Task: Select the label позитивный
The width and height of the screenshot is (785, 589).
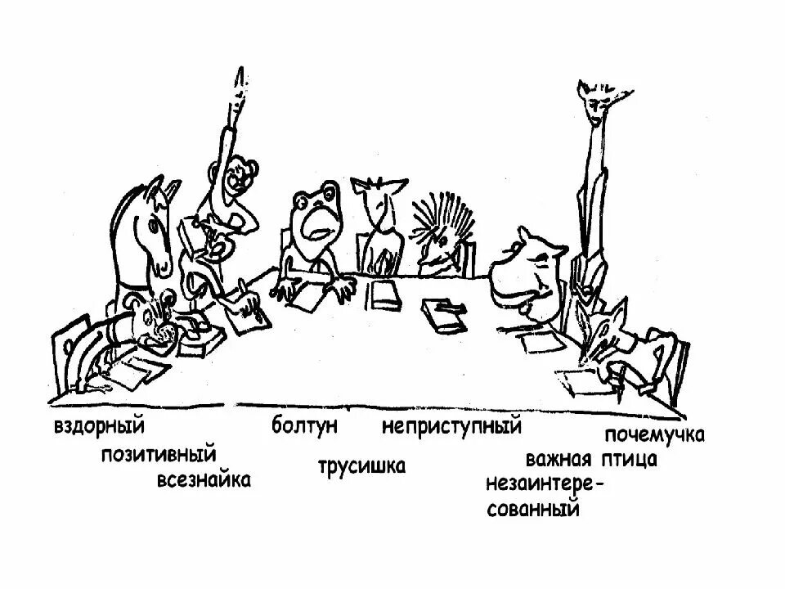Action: [159, 453]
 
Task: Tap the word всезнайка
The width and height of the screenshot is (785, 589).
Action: [204, 479]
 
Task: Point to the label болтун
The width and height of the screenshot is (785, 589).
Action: [305, 426]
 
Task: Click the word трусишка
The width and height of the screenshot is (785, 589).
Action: [361, 466]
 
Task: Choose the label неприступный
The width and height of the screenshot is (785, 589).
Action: [452, 426]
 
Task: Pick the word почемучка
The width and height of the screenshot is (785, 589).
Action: [655, 434]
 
